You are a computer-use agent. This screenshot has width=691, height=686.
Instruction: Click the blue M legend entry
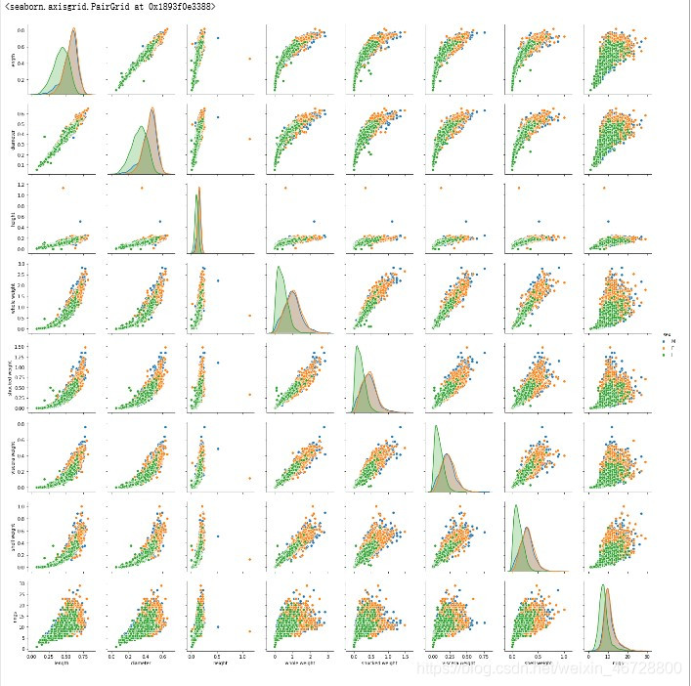(x=669, y=342)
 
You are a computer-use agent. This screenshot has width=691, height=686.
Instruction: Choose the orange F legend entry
(x=669, y=349)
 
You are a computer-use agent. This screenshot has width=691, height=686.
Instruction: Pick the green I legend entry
(x=669, y=356)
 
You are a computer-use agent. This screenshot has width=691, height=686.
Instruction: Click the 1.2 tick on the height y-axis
(x=22, y=184)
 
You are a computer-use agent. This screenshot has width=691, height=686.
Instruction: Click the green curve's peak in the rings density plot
(x=603, y=585)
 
